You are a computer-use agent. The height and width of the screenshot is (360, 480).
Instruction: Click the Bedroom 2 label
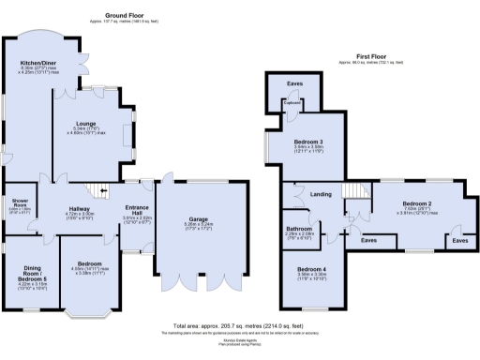416,202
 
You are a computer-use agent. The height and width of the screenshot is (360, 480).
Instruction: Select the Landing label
320,194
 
